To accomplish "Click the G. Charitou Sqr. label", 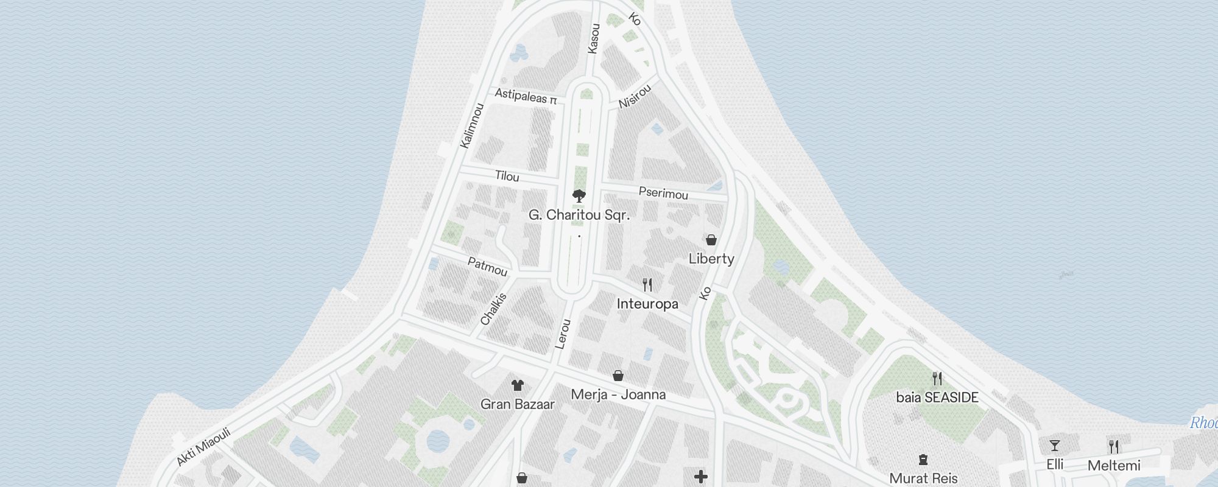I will (579, 215).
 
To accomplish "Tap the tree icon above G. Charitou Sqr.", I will (579, 196).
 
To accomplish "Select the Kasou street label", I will (594, 38).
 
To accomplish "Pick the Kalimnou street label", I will (472, 125).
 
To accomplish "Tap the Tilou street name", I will (507, 177).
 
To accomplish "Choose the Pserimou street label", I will (663, 193).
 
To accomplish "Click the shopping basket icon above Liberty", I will (711, 240).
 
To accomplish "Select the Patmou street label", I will (487, 267).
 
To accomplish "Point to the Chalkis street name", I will (493, 309).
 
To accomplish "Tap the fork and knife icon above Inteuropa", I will (647, 284).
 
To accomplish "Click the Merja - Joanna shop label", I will (618, 394).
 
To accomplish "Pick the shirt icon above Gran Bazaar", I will (517, 385).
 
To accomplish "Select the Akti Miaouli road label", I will (203, 446).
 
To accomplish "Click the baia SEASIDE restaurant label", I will (937, 398).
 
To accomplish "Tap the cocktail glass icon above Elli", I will (1054, 446).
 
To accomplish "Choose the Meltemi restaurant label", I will (1114, 466).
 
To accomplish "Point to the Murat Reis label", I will (923, 478).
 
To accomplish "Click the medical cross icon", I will (701, 477).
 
